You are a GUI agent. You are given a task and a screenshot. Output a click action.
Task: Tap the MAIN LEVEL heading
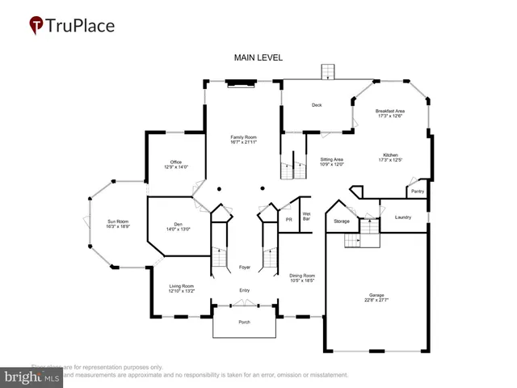coord(258,57)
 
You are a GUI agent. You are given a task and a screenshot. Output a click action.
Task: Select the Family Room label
coord(243,140)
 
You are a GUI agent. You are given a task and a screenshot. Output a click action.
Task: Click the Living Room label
coord(182,289)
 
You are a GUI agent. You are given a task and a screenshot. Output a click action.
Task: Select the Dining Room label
coord(302,278)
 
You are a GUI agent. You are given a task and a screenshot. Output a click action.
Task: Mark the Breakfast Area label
coord(389,113)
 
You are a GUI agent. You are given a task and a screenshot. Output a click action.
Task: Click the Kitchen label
coord(390,157)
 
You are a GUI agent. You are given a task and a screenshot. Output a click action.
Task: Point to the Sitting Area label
coord(331,162)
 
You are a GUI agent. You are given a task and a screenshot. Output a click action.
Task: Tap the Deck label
coord(317,105)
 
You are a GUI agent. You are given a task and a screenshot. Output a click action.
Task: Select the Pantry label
coord(417,192)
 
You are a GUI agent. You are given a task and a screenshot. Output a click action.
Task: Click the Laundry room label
coord(403,217)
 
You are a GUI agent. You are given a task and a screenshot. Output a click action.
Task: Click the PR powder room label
coord(288,219)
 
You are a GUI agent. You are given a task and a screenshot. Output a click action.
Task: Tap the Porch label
coord(244,323)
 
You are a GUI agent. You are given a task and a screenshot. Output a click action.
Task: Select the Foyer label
coord(244,267)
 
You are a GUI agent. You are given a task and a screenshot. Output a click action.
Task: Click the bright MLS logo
coord(32,377)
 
